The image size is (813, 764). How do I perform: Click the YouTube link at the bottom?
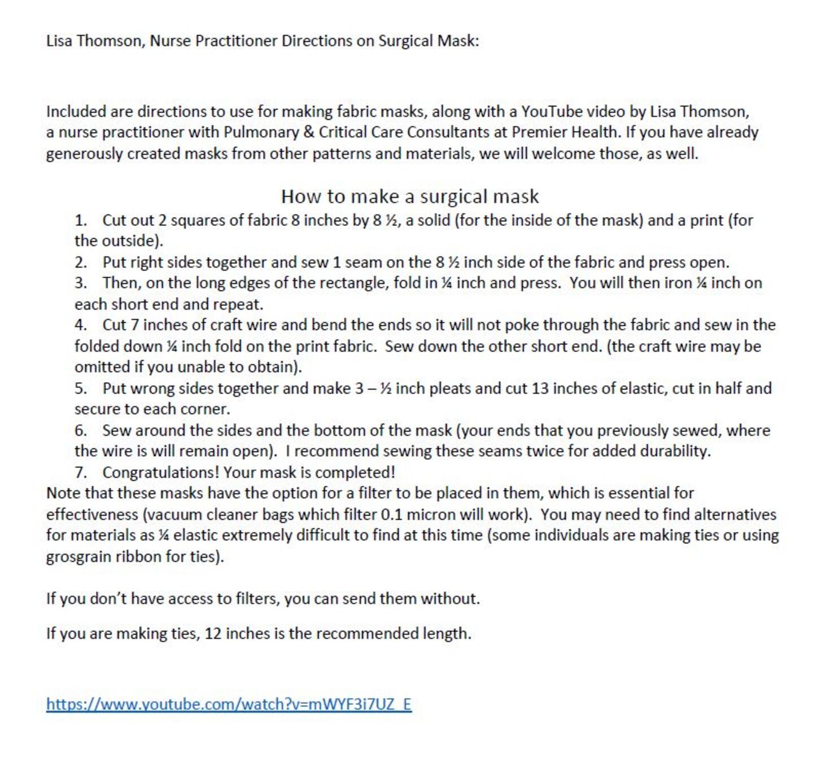click(229, 704)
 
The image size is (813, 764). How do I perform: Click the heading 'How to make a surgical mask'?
click(410, 197)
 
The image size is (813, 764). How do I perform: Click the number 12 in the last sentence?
click(213, 634)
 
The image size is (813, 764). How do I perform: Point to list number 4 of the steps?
click(80, 325)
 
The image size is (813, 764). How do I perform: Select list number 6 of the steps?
click(80, 431)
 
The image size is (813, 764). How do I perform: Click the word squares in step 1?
click(198, 220)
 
